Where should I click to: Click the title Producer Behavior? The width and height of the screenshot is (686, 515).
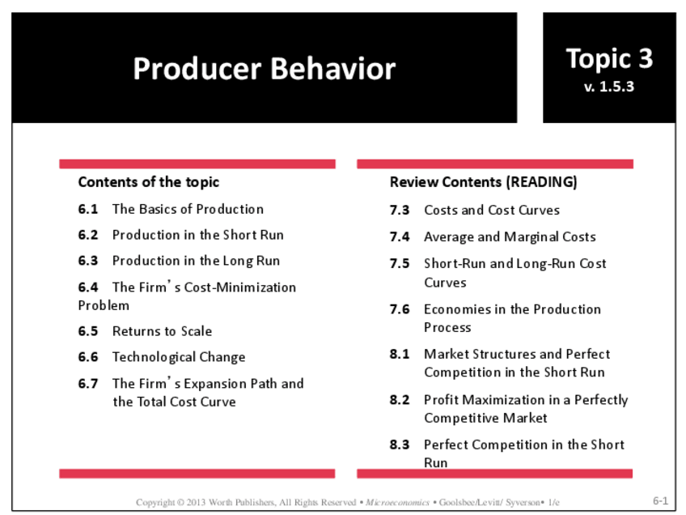[264, 69]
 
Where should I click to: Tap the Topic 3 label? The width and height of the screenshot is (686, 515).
[609, 58]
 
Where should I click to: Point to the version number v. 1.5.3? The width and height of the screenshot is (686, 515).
[609, 86]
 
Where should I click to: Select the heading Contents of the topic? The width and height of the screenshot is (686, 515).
[148, 182]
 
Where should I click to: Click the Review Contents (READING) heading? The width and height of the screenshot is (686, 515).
[483, 182]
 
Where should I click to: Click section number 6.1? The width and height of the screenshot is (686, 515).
[88, 209]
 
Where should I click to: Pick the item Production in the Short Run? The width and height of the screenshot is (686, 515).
[197, 235]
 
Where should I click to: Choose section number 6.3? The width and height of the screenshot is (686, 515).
[88, 261]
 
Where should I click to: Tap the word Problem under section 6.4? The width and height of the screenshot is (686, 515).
[104, 305]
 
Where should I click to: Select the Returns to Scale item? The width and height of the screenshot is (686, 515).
[162, 331]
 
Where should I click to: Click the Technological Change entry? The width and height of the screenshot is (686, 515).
[178, 357]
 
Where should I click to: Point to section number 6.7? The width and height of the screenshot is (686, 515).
[88, 384]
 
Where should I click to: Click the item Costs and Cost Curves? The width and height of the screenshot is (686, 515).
[491, 211]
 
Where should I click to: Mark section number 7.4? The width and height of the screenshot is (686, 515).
[400, 237]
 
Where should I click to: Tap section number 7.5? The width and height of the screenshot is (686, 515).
[400, 264]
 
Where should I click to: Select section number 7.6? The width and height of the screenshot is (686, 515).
[400, 309]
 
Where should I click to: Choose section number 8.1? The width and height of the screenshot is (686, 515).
[400, 354]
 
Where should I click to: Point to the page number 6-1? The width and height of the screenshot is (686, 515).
[660, 501]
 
